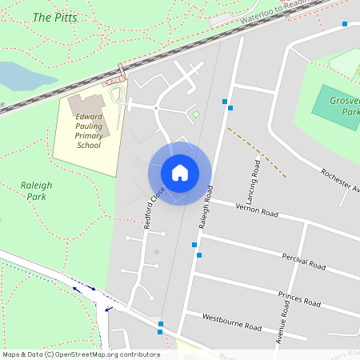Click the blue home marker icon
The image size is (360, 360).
180,172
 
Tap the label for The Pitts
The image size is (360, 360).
54,17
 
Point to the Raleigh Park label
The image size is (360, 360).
36,190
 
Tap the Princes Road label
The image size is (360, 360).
299,299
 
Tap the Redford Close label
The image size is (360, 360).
154,209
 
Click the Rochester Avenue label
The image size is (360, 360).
339,181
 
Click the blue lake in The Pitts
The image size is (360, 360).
20,76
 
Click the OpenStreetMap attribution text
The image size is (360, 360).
81,354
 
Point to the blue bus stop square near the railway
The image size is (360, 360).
345,24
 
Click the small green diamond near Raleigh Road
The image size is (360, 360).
196,114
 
